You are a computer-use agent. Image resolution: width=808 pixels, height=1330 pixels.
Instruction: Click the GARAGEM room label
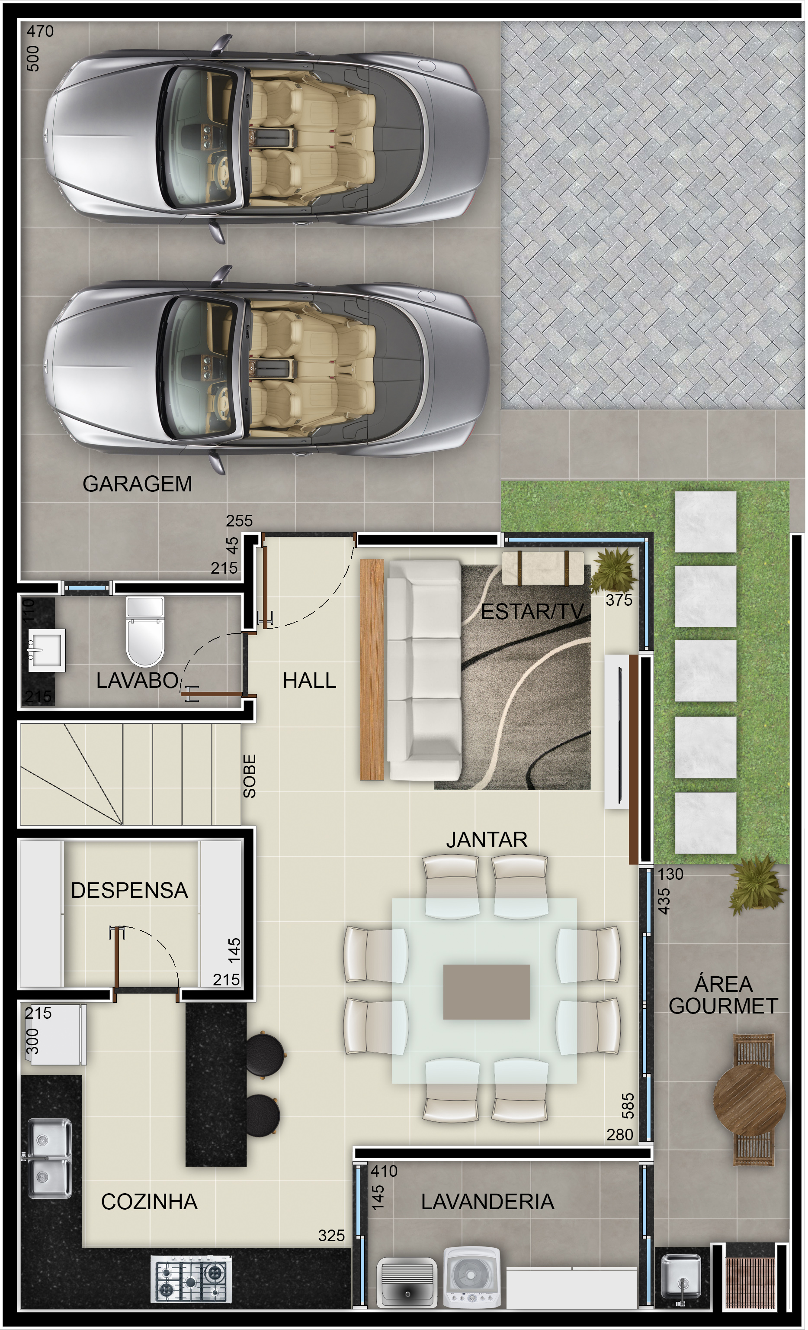click(x=138, y=484)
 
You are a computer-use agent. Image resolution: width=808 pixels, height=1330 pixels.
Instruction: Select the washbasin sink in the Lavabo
click(x=46, y=650)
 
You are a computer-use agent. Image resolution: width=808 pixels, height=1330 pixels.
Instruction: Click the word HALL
click(x=310, y=681)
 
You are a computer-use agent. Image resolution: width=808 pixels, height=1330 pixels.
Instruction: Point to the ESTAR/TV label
click(x=532, y=612)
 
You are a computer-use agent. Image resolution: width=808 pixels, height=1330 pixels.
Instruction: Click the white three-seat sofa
click(x=424, y=670)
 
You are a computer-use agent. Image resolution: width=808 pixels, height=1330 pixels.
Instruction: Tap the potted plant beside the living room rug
click(x=614, y=571)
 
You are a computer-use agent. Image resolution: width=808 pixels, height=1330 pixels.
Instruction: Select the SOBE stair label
click(x=249, y=776)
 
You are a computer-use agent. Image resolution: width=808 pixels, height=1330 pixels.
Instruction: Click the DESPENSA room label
click(x=129, y=890)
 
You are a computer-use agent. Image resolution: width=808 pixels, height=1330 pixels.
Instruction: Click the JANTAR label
click(x=487, y=839)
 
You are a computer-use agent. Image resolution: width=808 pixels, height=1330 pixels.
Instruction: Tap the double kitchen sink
click(x=49, y=1158)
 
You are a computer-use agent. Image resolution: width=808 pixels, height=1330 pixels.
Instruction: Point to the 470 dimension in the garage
click(x=41, y=31)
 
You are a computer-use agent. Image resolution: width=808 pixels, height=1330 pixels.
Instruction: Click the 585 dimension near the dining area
click(x=628, y=1105)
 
